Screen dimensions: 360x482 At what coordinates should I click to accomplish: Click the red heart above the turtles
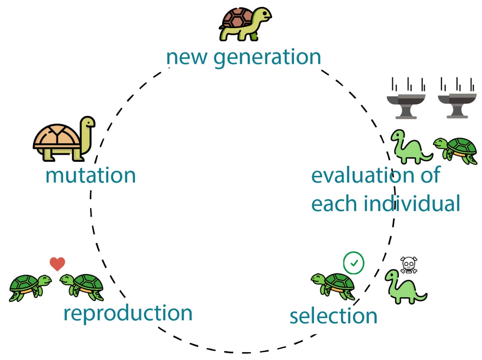click(x=57, y=264)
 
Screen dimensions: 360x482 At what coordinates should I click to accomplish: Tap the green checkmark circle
click(x=354, y=263)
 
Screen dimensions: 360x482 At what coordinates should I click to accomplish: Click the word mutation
click(x=90, y=175)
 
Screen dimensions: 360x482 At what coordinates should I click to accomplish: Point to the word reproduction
click(x=128, y=313)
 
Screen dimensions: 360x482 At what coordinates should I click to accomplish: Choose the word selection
click(x=333, y=316)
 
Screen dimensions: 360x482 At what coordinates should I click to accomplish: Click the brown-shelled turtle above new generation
click(x=245, y=24)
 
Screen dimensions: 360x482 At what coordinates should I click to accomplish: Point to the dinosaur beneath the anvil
click(x=409, y=146)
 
